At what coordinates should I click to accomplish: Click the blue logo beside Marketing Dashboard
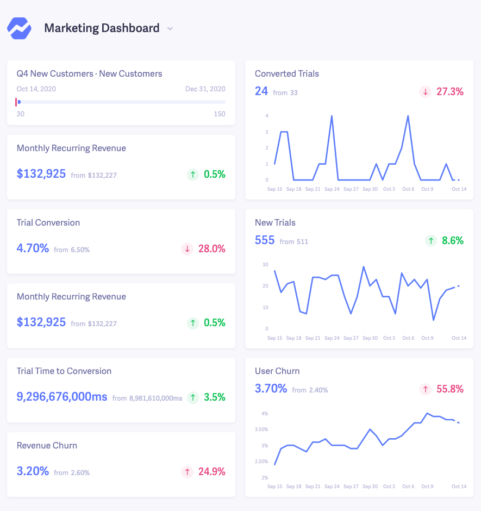pos(20,28)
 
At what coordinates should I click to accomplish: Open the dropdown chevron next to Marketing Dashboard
pos(170,29)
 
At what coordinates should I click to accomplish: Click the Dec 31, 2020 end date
pos(205,89)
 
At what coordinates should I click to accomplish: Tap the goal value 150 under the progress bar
pos(219,114)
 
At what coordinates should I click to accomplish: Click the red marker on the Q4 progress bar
pos(16,102)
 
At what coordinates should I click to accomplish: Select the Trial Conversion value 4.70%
pos(33,248)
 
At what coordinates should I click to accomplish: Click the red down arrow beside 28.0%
pos(188,249)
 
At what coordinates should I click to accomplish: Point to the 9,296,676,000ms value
pos(62,397)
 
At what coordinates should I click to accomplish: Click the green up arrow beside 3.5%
pos(193,397)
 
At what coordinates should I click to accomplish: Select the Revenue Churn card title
pos(47,445)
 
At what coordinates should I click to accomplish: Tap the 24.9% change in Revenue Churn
pos(211,471)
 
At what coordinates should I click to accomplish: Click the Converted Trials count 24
pos(261,91)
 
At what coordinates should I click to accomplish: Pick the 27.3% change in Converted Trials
pos(449,92)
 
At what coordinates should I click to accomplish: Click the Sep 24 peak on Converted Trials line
pos(332,116)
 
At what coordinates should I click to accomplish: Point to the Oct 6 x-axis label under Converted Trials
pos(408,189)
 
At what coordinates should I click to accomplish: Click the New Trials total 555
pos(265,240)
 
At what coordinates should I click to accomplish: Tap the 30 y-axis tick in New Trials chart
pos(265,265)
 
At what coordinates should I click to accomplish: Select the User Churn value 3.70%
pos(271,389)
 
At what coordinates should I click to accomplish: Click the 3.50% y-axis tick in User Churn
pos(261,429)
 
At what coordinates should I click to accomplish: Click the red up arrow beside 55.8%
pos(426,389)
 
